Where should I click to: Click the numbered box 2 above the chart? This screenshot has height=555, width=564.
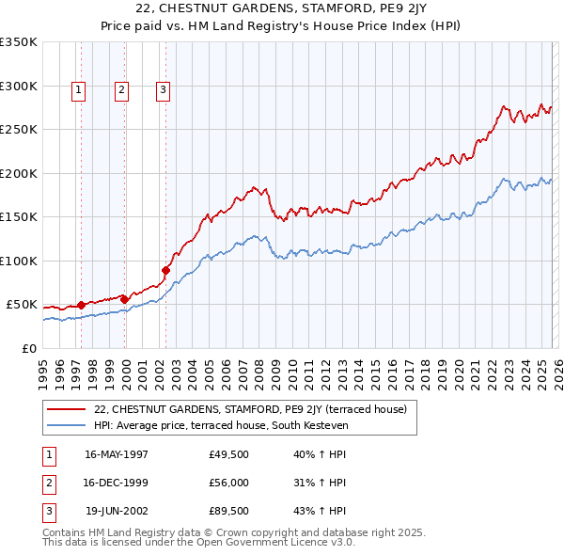122,90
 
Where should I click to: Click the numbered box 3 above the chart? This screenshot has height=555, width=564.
163,90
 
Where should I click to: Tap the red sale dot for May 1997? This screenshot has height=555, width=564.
82,305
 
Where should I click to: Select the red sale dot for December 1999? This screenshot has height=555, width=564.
125,299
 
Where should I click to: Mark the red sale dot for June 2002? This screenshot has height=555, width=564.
166,270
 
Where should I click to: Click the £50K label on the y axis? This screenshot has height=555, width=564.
22,305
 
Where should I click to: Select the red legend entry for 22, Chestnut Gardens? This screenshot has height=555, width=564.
250,409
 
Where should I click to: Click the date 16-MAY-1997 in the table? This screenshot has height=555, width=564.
116,453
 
